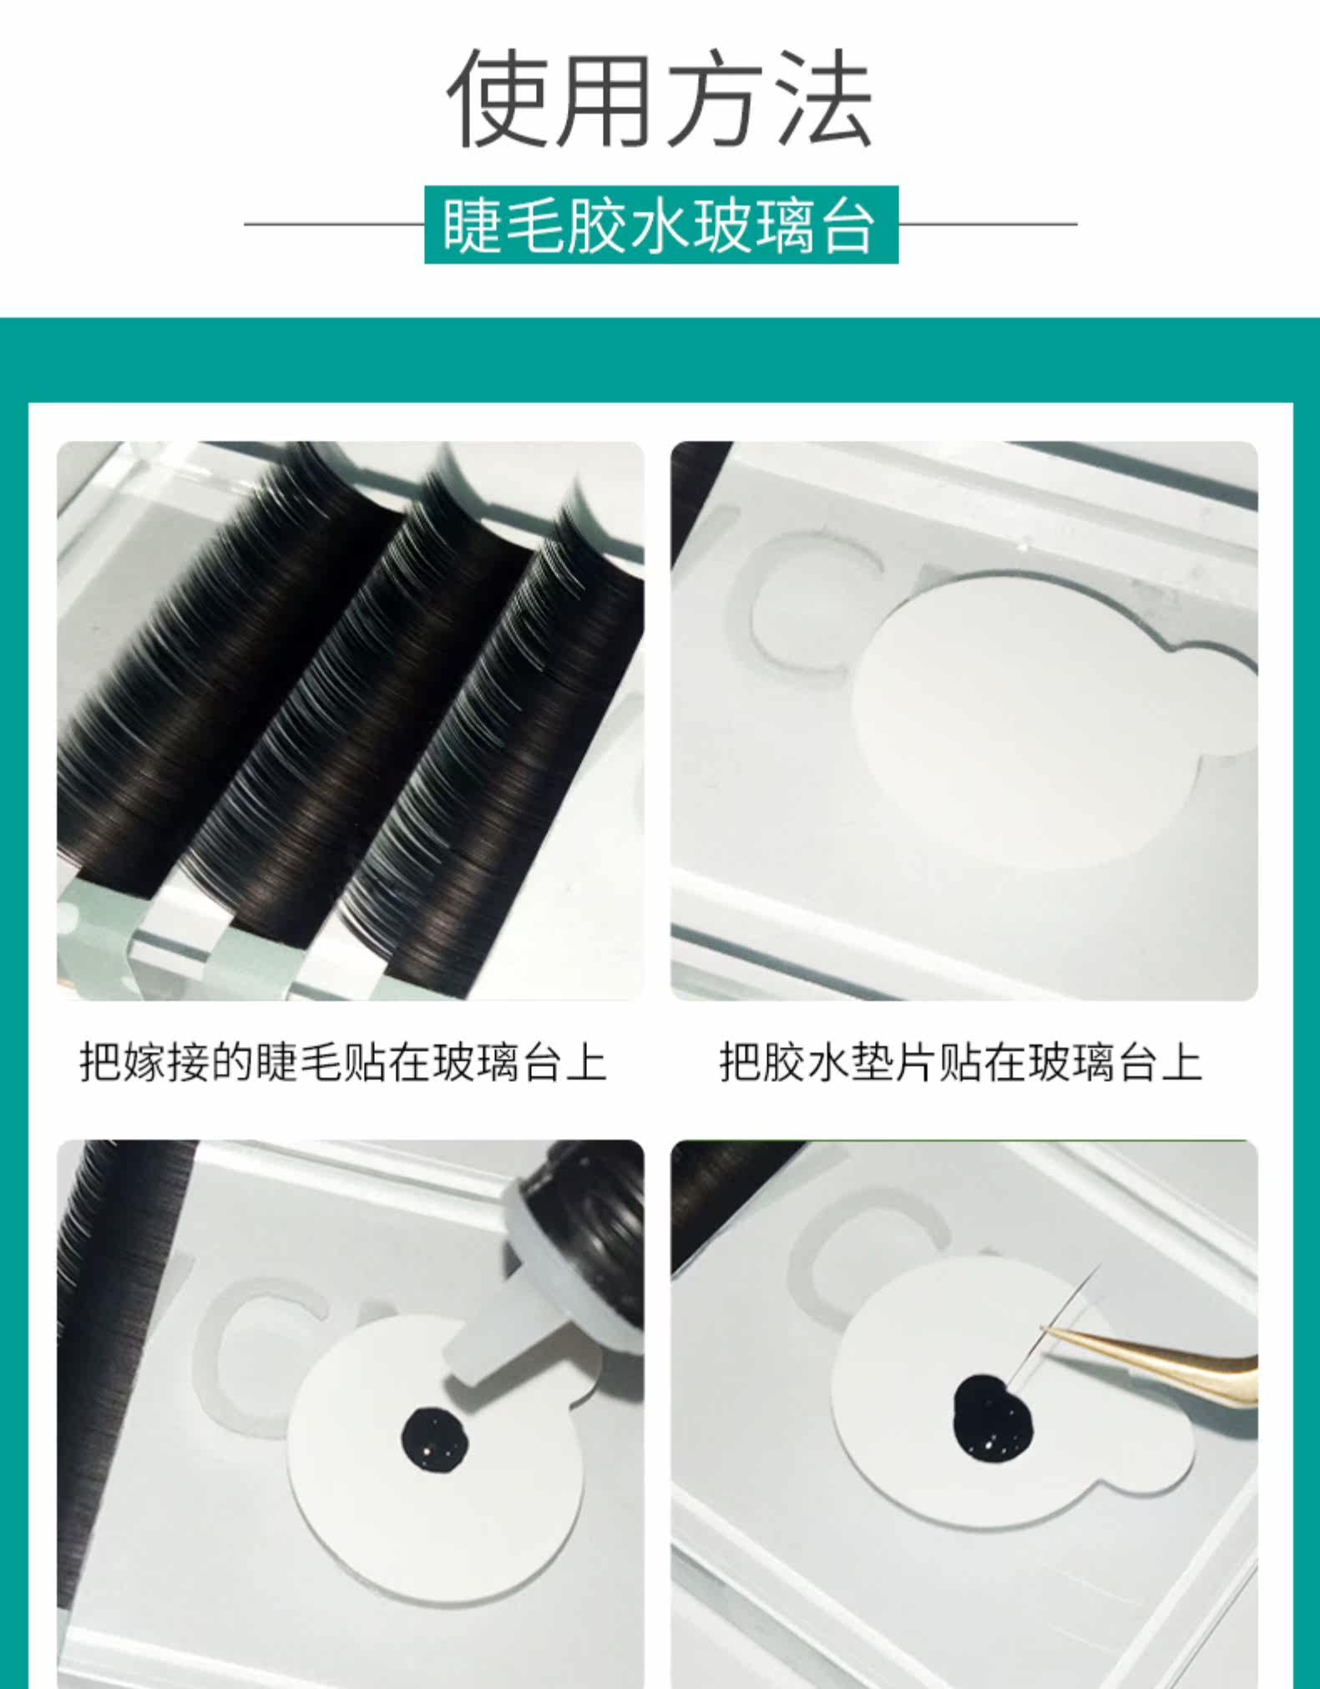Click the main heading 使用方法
tap(660, 99)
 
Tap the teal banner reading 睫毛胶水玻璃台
tap(661, 225)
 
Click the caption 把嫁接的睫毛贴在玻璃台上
tap(343, 1062)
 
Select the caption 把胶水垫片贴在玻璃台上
tap(961, 1062)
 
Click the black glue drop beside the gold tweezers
tap(993, 1418)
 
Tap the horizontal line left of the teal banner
tap(334, 224)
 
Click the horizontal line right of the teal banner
tap(988, 224)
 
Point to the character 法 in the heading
tap(823, 99)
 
